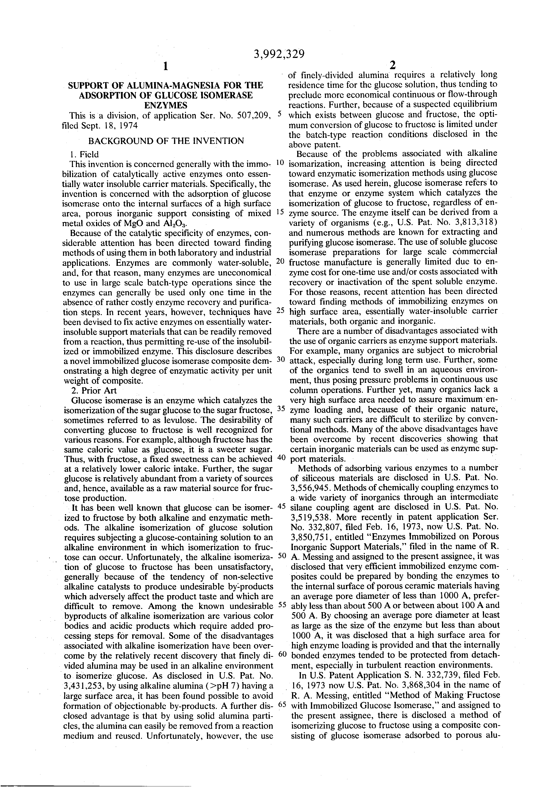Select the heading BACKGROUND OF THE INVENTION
coord(166,141)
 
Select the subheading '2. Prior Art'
coord(94,391)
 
